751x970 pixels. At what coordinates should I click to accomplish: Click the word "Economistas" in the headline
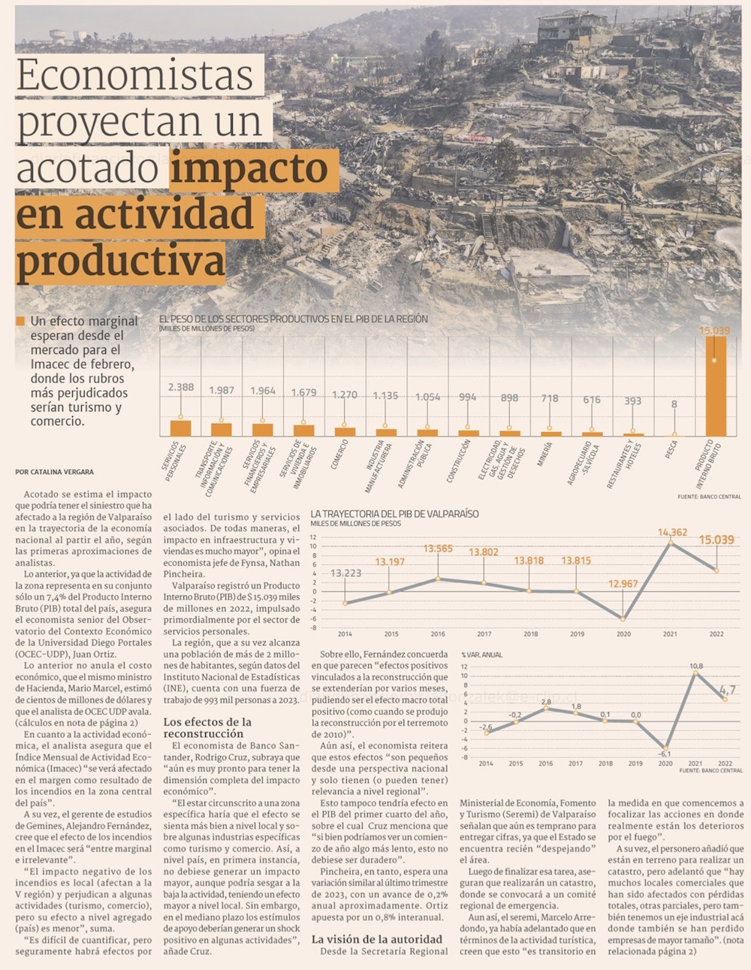[x=135, y=75]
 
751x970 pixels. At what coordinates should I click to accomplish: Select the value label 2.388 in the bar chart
[x=181, y=387]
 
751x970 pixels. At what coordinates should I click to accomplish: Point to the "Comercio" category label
[x=340, y=455]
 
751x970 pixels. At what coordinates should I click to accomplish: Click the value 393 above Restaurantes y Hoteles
[x=633, y=400]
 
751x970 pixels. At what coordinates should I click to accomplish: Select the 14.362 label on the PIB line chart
[x=672, y=533]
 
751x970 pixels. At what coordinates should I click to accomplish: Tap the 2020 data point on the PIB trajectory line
[x=623, y=618]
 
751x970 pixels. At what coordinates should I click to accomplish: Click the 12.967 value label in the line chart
[x=623, y=584]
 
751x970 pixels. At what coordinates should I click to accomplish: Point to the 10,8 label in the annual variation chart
[x=696, y=666]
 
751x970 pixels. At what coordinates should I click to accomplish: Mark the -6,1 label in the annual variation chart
[x=665, y=754]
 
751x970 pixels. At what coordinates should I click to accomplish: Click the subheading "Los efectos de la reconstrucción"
[x=207, y=727]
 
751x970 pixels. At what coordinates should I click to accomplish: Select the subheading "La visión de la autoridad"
[x=377, y=938]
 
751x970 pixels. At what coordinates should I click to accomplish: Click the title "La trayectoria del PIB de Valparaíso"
[x=394, y=514]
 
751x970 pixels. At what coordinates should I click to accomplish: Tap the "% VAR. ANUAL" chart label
[x=481, y=655]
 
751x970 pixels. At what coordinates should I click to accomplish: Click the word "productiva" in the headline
[x=120, y=261]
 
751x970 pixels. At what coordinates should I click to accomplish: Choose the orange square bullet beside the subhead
[x=20, y=322]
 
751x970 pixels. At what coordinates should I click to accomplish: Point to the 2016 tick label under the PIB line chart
[x=438, y=634]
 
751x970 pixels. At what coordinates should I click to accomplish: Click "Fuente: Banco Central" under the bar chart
[x=709, y=497]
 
